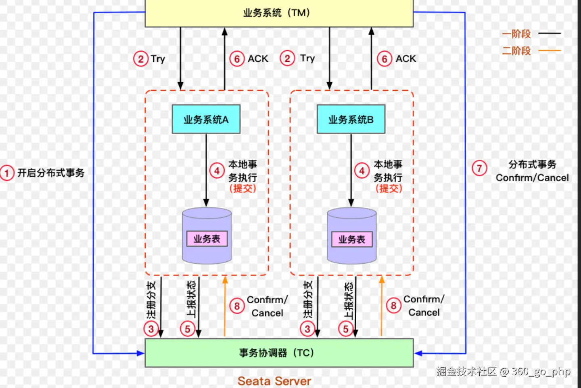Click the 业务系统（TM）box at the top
click(x=279, y=13)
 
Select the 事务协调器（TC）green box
click(x=279, y=353)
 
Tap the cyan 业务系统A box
click(x=206, y=119)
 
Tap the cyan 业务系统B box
click(x=351, y=119)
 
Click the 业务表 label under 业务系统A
click(x=207, y=239)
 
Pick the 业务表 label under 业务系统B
click(x=351, y=239)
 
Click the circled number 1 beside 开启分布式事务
click(x=7, y=173)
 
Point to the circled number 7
click(x=479, y=168)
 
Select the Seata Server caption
click(x=274, y=381)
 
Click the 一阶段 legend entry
click(x=516, y=34)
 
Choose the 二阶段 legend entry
click(x=516, y=51)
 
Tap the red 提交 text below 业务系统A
click(x=242, y=188)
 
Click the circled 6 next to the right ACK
click(x=385, y=59)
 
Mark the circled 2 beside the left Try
click(x=141, y=59)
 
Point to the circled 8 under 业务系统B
click(x=393, y=305)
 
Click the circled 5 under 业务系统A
click(x=188, y=329)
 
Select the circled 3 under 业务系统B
click(x=307, y=329)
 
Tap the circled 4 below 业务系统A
click(x=217, y=171)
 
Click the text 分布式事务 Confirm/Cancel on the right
click(x=532, y=171)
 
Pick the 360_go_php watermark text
click(x=541, y=371)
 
